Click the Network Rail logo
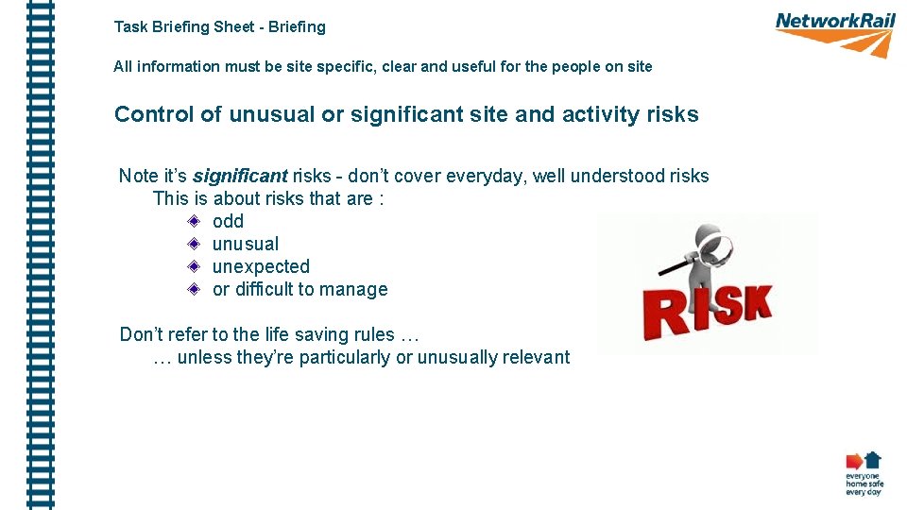pyautogui.click(x=834, y=33)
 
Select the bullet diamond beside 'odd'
pyautogui.click(x=193, y=221)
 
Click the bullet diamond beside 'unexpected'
pyautogui.click(x=193, y=266)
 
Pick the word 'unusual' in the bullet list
pyautogui.click(x=246, y=244)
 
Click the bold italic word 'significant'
pyautogui.click(x=240, y=176)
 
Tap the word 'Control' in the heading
pyautogui.click(x=154, y=115)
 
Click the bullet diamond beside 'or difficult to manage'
pyautogui.click(x=193, y=289)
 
